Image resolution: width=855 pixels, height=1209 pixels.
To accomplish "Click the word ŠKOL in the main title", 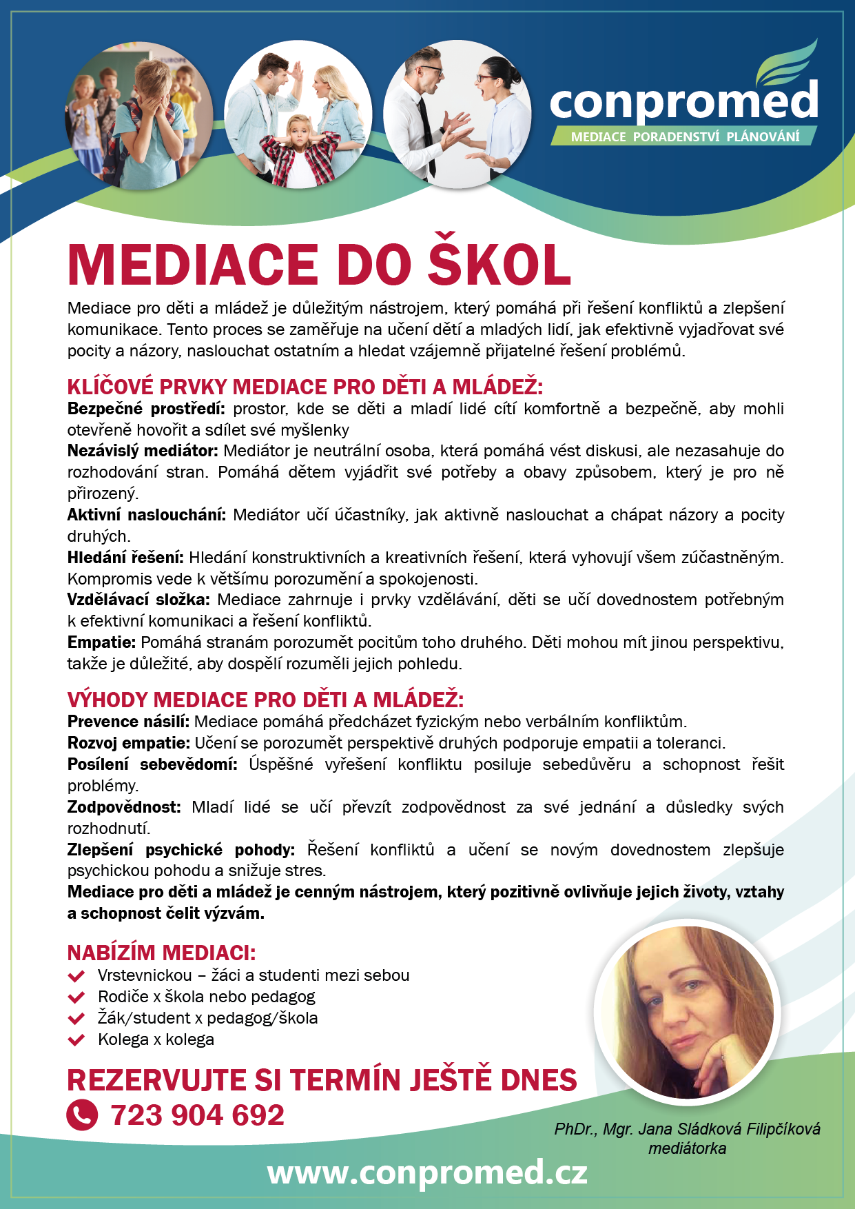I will click(x=499, y=265).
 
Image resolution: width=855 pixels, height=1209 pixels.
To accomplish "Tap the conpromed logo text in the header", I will click(x=683, y=102).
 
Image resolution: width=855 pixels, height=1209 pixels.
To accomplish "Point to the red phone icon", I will click(x=82, y=1115).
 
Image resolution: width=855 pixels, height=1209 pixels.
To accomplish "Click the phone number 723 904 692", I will click(x=197, y=1115).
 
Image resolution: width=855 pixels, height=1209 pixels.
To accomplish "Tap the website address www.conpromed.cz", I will click(x=427, y=1172).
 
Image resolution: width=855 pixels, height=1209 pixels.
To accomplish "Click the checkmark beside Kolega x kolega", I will click(x=76, y=1040).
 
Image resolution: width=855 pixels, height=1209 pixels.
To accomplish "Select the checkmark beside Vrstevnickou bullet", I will click(x=76, y=976).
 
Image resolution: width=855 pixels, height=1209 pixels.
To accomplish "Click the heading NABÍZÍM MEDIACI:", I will click(x=161, y=953).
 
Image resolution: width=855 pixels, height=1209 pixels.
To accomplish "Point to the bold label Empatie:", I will click(x=101, y=642).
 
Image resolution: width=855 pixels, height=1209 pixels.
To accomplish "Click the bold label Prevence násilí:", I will click(x=128, y=722).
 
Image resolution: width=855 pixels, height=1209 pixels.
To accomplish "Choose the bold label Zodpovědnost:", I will click(x=124, y=807).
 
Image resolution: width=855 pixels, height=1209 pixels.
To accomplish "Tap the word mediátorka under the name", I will click(x=687, y=1148).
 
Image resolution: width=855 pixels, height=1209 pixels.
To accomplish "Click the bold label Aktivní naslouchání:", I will click(x=146, y=515).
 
